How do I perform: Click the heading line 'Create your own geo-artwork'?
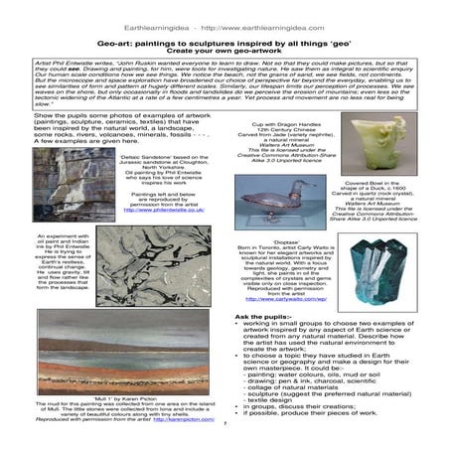[x=224, y=33]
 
